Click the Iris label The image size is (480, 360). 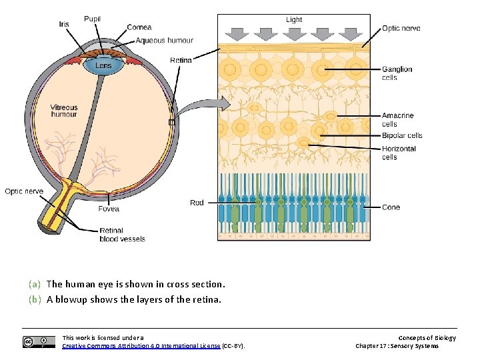coord(64,25)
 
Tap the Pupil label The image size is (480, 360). coord(93,19)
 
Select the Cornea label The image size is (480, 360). coord(139,27)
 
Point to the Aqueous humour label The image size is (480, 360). coord(164,41)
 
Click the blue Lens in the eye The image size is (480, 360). coord(103,66)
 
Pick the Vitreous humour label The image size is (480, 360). coord(64,111)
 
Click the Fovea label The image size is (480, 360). coord(109,209)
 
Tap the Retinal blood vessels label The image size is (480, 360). coord(122,235)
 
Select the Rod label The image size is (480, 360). coord(197,203)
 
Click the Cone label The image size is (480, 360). coord(391,207)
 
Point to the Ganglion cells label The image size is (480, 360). coord(397,73)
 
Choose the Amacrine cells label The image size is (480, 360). coord(398,120)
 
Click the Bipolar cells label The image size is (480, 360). coord(402,136)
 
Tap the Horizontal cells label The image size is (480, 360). coord(399,153)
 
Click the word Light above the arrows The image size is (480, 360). coord(294,20)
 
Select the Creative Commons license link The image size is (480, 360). coord(141,346)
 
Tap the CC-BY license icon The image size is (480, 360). coord(39,342)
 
